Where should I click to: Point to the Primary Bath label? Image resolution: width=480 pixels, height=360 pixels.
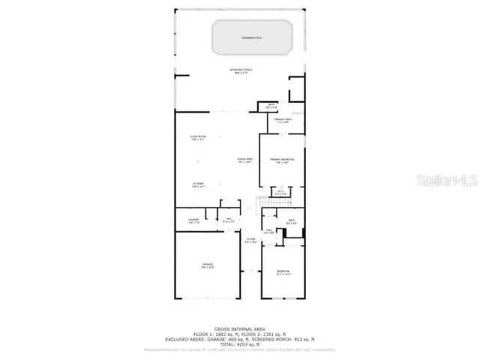[x=282, y=121]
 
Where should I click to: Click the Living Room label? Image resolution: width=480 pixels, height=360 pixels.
[x=198, y=138]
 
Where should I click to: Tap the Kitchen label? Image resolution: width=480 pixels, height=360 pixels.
[x=198, y=184]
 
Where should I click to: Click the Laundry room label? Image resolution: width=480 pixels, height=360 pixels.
[x=193, y=221]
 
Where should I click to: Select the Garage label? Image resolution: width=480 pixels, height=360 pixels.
[x=208, y=266]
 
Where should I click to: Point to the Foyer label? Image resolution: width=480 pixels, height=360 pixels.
[x=250, y=241]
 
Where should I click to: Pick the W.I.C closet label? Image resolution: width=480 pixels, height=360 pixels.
[x=280, y=193]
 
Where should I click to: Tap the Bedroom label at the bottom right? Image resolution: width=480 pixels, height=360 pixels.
[x=283, y=273]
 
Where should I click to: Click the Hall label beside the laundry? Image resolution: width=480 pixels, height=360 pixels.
[x=229, y=220]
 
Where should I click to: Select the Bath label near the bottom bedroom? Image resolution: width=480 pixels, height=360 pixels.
[x=292, y=221]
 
